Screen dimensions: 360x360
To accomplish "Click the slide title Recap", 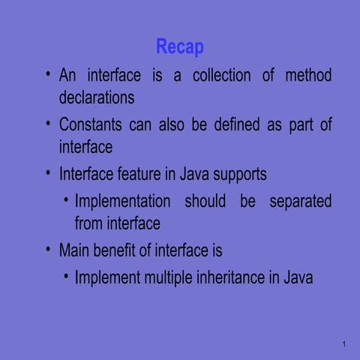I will click(180, 47).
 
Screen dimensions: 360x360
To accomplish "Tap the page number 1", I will click(341, 344).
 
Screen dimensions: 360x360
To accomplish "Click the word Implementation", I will click(123, 201).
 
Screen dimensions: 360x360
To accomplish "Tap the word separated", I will click(297, 201).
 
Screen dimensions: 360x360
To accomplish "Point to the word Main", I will click(76, 250).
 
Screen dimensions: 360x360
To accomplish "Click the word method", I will click(308, 76).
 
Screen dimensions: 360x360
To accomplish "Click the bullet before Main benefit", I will click(48, 248).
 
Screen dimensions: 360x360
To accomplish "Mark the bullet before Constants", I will click(48, 122).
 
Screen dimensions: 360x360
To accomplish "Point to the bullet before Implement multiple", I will click(66, 275).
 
